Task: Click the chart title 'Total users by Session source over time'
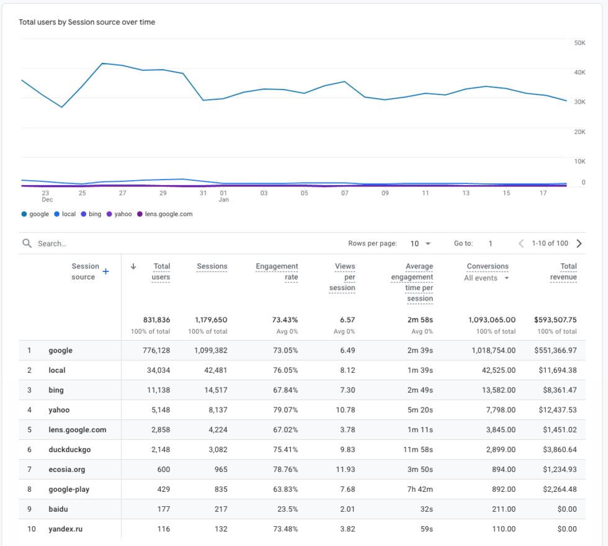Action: coord(87,22)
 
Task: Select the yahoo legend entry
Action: coord(119,214)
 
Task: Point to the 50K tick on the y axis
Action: coord(579,43)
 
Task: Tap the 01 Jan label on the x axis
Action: coord(223,196)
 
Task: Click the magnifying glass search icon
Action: coord(27,243)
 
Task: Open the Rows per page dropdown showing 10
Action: coord(420,243)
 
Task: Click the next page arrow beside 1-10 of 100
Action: coord(579,243)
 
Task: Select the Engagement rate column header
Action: coord(277,271)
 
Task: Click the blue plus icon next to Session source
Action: coord(105,271)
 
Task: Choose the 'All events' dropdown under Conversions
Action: coord(486,278)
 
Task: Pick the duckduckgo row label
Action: coord(69,450)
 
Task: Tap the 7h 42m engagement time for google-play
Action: coord(419,489)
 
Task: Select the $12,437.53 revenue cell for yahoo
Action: coord(555,410)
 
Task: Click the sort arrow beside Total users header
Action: coord(133,266)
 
